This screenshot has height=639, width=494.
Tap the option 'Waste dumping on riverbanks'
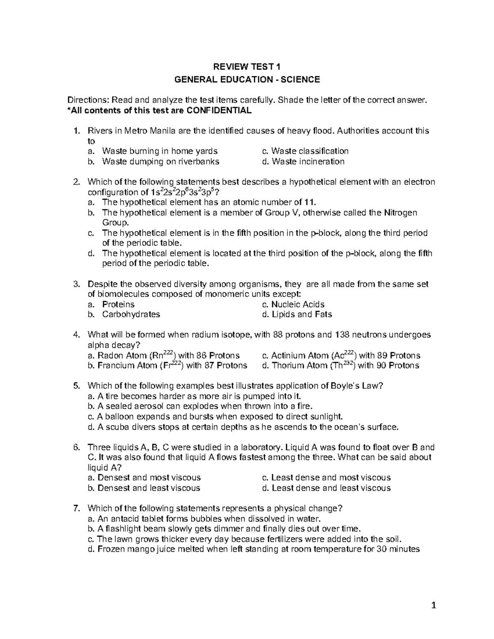click(x=161, y=162)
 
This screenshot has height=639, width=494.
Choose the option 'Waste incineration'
click(x=303, y=162)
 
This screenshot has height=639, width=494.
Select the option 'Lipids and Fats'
click(x=297, y=315)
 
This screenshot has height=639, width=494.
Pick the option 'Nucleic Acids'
click(x=293, y=304)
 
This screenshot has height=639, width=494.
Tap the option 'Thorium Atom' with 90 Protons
click(x=340, y=366)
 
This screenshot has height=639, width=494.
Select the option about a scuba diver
click(x=243, y=427)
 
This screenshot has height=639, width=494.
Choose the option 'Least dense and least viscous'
click(x=326, y=488)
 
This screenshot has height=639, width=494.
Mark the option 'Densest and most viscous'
click(x=144, y=478)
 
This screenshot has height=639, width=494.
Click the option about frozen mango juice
click(x=254, y=549)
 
